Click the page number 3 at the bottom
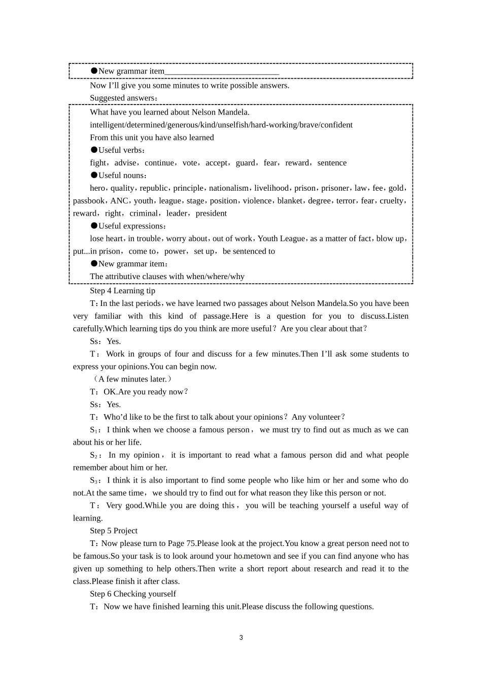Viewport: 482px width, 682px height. click(241, 638)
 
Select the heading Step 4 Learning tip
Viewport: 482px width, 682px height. click(122, 291)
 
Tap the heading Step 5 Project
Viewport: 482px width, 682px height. click(114, 531)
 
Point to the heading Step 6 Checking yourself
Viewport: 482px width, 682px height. click(133, 594)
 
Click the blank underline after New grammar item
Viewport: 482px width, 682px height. click(222, 72)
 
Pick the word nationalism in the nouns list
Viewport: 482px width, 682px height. click(229, 188)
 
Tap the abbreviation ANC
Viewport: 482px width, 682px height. click(119, 201)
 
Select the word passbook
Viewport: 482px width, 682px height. click(89, 201)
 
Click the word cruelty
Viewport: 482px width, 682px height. click(392, 201)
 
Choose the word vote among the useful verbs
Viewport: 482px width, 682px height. click(190, 163)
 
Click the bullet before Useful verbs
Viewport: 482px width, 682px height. click(94, 150)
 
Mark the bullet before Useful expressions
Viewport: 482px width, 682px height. click(94, 226)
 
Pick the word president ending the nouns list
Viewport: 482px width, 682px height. click(211, 214)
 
